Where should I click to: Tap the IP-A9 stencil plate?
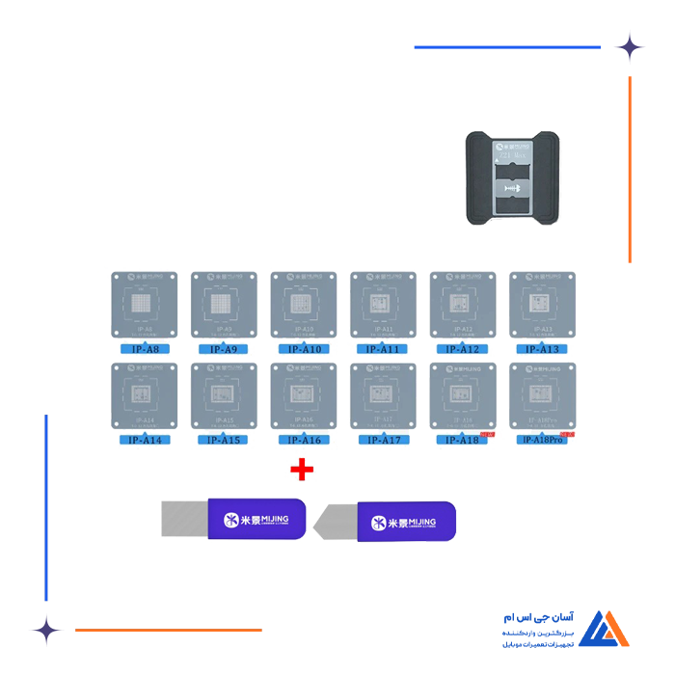tap(224, 305)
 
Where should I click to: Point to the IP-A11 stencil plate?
tap(383, 305)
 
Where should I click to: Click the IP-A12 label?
tap(462, 349)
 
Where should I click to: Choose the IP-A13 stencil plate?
tap(541, 305)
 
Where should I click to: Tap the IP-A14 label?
tap(144, 440)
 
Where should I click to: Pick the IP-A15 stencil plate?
tap(224, 395)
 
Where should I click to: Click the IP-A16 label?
tap(303, 440)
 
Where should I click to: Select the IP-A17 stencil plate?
tap(383, 395)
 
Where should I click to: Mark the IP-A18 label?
tap(462, 440)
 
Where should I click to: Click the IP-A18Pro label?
tap(541, 440)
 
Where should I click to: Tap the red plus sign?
tap(302, 470)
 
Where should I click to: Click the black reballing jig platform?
tap(512, 179)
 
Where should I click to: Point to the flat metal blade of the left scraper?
tap(183, 519)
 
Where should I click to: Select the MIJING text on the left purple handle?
tap(267, 520)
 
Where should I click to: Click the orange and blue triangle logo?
tap(603, 629)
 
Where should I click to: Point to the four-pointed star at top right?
tap(630, 47)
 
